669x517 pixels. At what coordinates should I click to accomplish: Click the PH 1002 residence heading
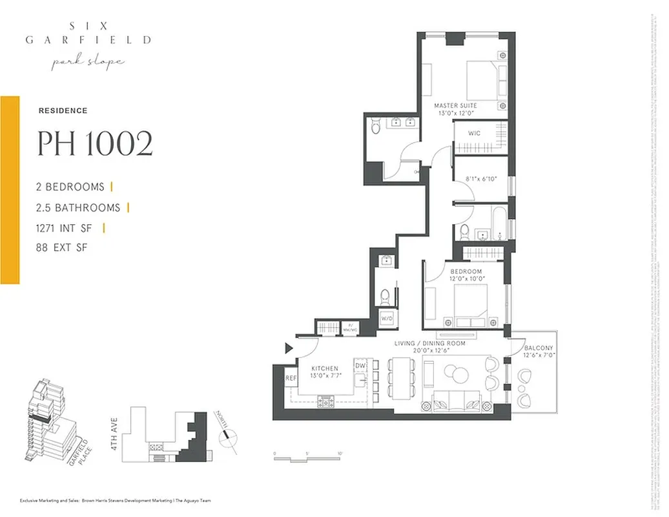point(95,144)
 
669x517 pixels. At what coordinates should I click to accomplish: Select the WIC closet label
point(475,134)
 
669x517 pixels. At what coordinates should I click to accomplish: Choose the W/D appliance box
point(387,318)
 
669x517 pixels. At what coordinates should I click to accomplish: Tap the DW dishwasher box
point(360,366)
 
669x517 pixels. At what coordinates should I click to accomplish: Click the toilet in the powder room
point(385,296)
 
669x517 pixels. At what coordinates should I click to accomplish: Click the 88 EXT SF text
point(62,248)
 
